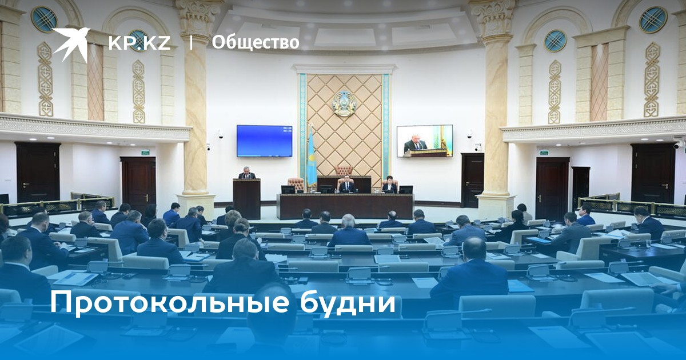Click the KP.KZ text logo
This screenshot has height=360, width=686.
(139, 42)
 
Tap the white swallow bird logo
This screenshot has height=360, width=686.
(71, 45)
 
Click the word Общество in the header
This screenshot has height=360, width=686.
(256, 42)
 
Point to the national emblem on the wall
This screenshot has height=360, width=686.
(345, 103)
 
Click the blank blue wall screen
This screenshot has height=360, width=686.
(264, 141)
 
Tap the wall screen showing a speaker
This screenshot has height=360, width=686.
(425, 141)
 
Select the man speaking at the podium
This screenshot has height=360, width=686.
(246, 173)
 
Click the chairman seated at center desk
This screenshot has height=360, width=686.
(346, 186)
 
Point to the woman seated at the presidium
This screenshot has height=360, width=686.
(389, 185)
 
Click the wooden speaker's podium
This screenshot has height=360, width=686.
(246, 199)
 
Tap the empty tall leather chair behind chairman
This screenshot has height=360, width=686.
(344, 170)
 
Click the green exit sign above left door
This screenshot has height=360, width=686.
(145, 152)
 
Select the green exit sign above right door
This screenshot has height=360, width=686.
(544, 152)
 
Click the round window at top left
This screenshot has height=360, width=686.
(44, 19)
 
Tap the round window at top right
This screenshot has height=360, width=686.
(653, 19)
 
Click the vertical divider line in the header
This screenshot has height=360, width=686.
(191, 42)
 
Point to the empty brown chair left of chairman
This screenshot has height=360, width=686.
(296, 185)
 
